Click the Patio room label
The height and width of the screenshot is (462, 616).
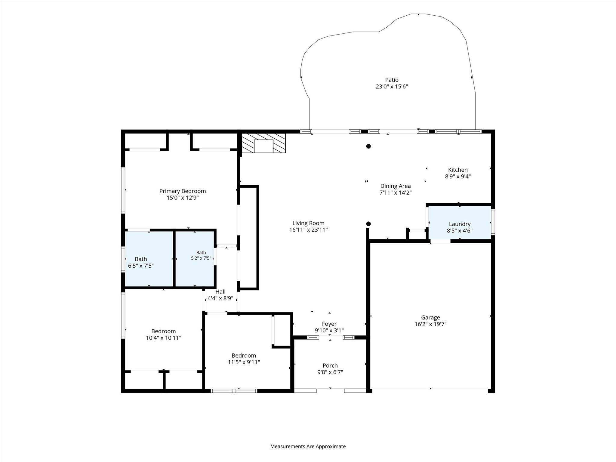392,80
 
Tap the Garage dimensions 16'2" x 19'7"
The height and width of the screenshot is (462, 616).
430,324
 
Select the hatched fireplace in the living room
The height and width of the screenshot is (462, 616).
264,143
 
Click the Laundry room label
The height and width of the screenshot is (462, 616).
460,224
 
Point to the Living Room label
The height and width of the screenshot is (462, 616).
308,223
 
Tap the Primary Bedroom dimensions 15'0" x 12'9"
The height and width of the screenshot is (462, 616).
183,198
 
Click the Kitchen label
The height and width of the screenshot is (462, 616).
458,170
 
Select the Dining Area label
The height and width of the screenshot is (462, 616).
396,186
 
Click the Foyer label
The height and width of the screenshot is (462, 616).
329,324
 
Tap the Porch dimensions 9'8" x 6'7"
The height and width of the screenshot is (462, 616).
330,372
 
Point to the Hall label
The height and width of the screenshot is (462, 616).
220,292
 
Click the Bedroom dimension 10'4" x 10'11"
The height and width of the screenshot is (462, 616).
164,338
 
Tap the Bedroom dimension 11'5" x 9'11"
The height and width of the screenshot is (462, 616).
244,362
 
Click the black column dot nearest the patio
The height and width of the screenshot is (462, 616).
368,146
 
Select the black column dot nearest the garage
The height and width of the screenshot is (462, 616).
368,224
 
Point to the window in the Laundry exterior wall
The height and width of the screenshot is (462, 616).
493,222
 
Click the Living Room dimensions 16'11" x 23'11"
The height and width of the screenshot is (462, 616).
308,230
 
